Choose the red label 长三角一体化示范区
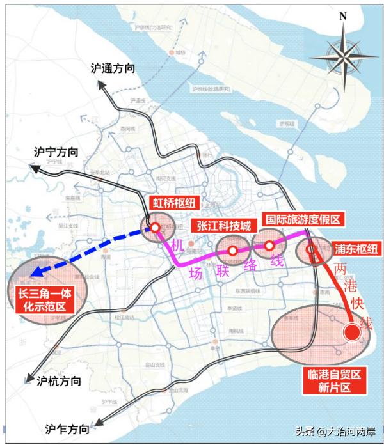click(41, 301)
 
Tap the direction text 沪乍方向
click(68, 428)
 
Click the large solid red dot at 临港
click(351, 332)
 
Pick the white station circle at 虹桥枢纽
click(155, 227)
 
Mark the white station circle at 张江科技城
click(233, 250)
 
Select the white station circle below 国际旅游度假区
click(269, 244)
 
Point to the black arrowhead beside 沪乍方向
click(97, 421)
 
